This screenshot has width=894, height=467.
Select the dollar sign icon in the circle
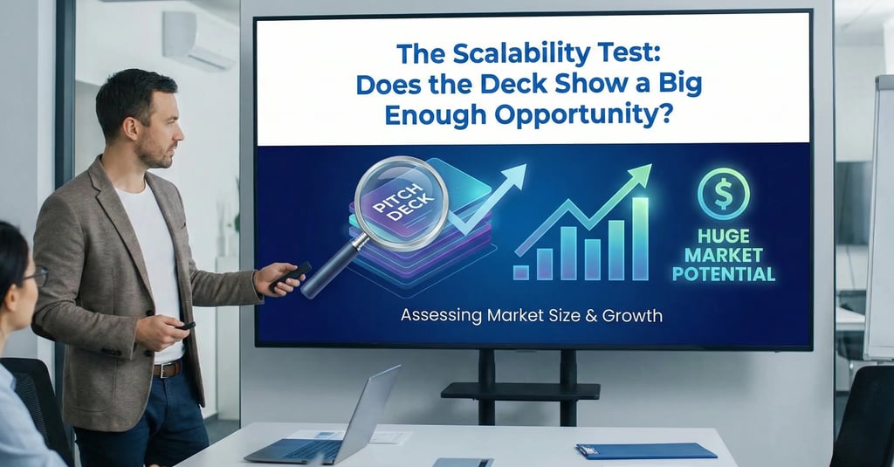[724, 194]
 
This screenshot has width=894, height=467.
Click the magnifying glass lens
[402, 203]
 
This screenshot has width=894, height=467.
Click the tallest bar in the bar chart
[640, 239]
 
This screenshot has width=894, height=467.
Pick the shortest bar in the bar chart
[521, 272]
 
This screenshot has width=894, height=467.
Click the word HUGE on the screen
[724, 237]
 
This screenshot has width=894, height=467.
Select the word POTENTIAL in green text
[724, 274]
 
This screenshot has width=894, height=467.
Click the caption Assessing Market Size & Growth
[531, 315]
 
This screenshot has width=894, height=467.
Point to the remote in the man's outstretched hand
[290, 275]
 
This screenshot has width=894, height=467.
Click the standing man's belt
[167, 368]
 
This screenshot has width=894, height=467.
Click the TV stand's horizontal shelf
[520, 390]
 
